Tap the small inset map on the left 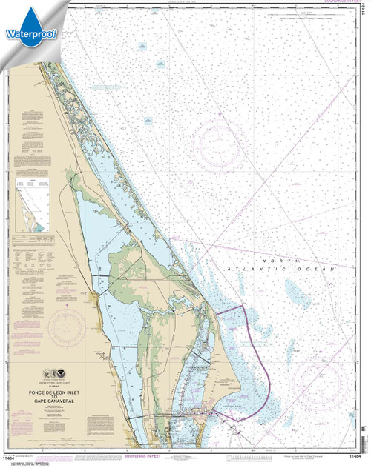point(32,204)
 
